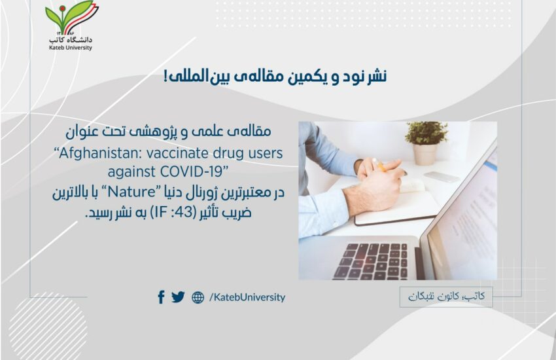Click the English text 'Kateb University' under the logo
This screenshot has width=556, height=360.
(x=71, y=48)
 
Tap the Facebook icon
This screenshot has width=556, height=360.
(x=161, y=297)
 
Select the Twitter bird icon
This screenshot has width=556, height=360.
(x=178, y=297)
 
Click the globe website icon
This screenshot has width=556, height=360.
(x=198, y=297)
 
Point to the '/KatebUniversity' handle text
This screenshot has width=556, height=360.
(x=247, y=297)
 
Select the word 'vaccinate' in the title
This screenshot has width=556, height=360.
(x=178, y=154)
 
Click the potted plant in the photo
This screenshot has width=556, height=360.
(x=426, y=143)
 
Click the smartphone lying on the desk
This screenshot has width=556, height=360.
(x=442, y=177)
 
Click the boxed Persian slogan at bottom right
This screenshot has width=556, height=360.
(x=446, y=297)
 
